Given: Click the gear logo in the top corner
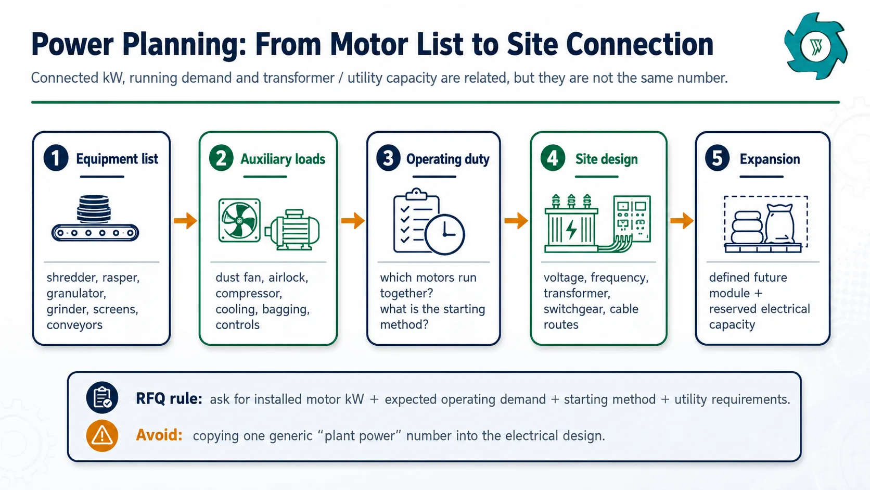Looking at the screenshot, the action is tap(816, 46).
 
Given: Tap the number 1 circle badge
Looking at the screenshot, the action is tap(56, 158).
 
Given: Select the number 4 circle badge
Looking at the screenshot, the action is tap(553, 158).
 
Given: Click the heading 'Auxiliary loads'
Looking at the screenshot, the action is tap(283, 159).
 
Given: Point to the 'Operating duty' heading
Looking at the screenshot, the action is tap(448, 159).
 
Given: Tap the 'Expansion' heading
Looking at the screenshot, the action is tap(770, 159).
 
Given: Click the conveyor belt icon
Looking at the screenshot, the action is tap(95, 218).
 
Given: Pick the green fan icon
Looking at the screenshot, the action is tap(239, 221).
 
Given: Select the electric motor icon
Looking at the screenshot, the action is tap(292, 230).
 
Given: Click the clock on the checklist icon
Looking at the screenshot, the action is tap(444, 234).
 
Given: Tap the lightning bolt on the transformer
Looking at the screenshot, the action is tap(571, 229).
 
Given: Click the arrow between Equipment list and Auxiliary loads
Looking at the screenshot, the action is tap(185, 221).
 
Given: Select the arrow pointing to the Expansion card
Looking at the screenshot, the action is tap(682, 221).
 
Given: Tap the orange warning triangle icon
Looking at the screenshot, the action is tap(102, 435).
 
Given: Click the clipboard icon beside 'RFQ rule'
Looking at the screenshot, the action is tap(102, 397).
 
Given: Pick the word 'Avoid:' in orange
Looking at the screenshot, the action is tap(159, 435).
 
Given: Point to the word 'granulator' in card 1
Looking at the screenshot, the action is tap(76, 293).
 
